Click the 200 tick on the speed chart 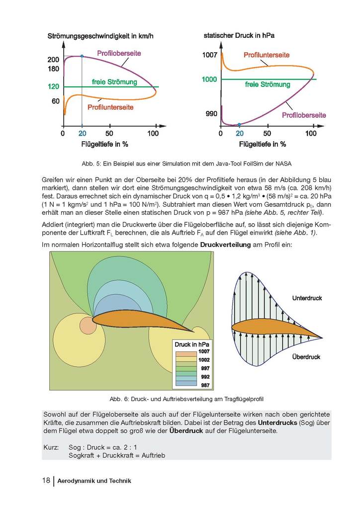[53, 60]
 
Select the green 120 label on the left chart [53, 86]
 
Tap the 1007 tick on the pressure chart [210, 55]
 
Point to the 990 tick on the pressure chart [212, 114]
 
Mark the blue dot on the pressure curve [239, 124]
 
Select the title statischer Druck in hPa [239, 36]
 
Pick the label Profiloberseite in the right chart [304, 115]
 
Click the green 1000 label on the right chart [209, 80]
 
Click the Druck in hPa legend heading [192, 344]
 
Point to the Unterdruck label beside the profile [307, 298]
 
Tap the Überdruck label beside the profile [306, 357]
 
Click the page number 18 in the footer [46, 481]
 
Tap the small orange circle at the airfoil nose [88, 325]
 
